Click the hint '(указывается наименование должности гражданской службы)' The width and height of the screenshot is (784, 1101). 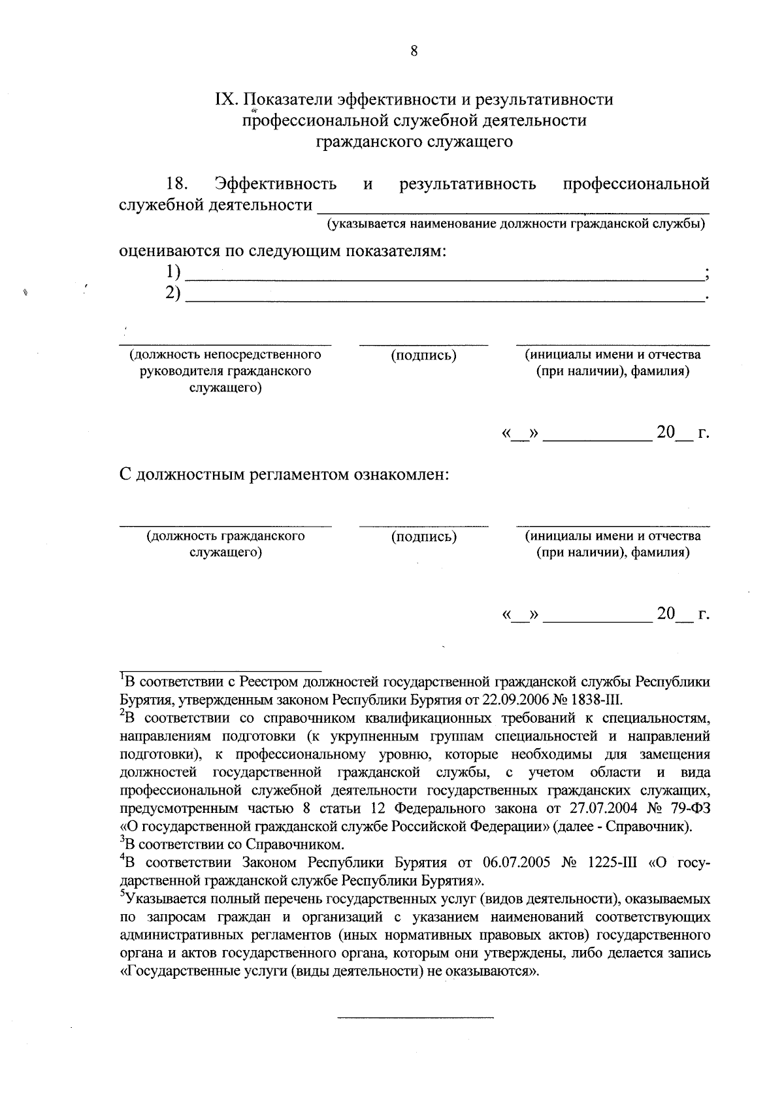coord(516,225)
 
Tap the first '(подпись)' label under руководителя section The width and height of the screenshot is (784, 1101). coord(423,355)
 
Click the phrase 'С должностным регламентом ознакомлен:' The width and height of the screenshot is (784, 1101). coord(284,474)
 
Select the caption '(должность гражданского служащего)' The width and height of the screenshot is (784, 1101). coord(225,544)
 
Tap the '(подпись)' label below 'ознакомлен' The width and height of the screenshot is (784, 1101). coord(423,537)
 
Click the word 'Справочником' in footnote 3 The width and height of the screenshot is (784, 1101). coord(299,844)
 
